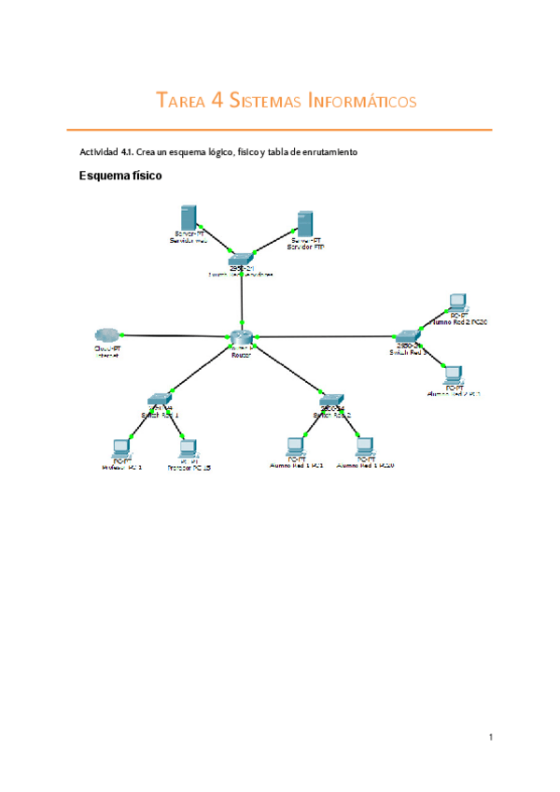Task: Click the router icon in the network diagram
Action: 241,337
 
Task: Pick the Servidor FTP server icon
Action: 302,222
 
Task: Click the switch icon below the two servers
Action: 241,257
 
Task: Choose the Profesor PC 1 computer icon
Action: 120,446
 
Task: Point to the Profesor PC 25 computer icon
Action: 188,447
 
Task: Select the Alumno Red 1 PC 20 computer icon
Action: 365,445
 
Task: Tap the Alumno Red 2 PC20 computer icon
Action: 456,303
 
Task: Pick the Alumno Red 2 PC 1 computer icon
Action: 453,375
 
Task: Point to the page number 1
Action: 490,738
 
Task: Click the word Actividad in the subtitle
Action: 102,151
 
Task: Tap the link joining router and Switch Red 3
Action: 327,336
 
